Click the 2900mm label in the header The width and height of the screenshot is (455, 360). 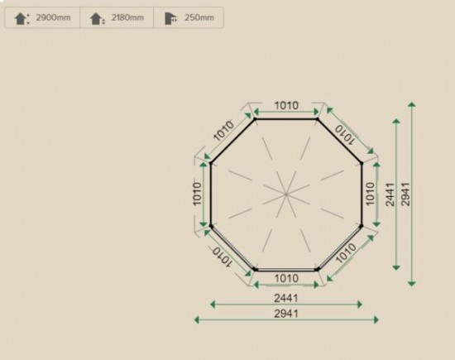(53, 17)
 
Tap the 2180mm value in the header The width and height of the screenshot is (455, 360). (127, 17)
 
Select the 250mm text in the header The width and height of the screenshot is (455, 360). (199, 17)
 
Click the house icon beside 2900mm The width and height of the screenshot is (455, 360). (22, 18)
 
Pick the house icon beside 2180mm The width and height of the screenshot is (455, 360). (98, 19)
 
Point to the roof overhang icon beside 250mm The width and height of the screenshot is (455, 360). (171, 18)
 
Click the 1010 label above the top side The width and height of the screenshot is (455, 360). (286, 105)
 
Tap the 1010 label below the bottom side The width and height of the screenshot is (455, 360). (286, 278)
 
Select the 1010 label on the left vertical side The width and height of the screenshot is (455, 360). (197, 194)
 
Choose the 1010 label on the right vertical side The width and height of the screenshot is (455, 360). (370, 194)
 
